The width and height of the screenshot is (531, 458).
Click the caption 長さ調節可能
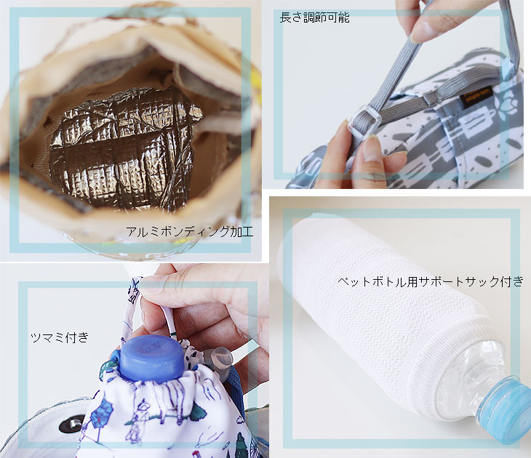point(315,17)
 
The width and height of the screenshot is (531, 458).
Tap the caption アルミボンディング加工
point(190,232)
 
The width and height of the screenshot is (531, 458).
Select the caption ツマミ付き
point(60,337)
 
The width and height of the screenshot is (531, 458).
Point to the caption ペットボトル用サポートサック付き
point(431,281)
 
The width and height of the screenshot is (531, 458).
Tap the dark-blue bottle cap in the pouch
point(152,358)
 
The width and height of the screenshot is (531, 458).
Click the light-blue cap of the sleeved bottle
point(506,410)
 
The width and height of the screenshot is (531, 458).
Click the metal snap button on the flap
point(72,424)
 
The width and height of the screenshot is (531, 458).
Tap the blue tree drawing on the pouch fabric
point(102,411)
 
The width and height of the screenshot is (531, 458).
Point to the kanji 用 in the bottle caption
point(412,281)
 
